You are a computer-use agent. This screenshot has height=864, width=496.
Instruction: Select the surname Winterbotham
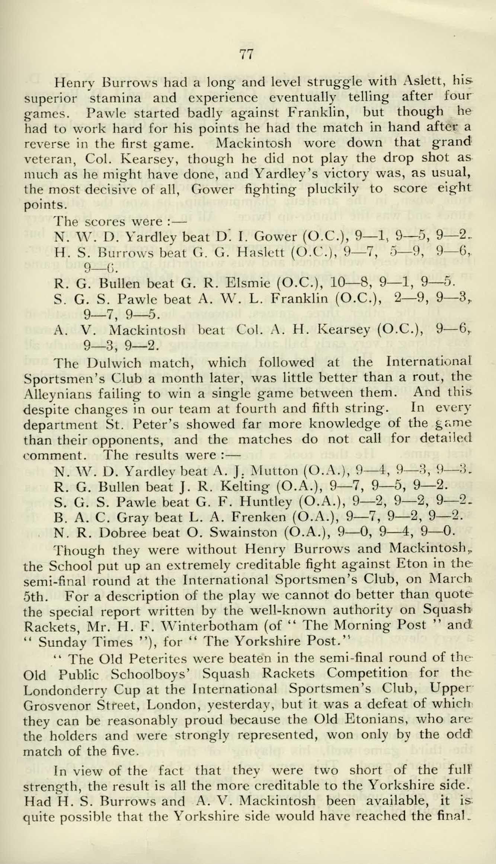209,627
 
